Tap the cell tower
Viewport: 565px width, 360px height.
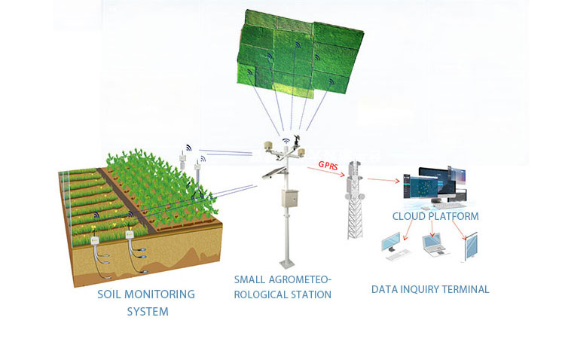tap(356, 203)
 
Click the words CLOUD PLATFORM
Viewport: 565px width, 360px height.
tap(435, 217)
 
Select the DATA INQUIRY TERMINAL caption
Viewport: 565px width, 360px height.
tap(430, 289)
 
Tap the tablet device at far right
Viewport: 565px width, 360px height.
tap(469, 246)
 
